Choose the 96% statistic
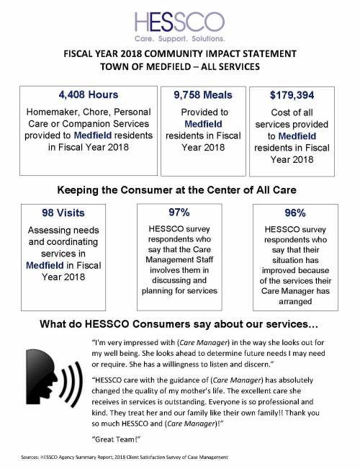[296, 213]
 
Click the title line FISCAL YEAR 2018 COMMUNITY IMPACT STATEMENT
[180, 55]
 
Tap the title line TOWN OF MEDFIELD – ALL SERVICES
[180, 68]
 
